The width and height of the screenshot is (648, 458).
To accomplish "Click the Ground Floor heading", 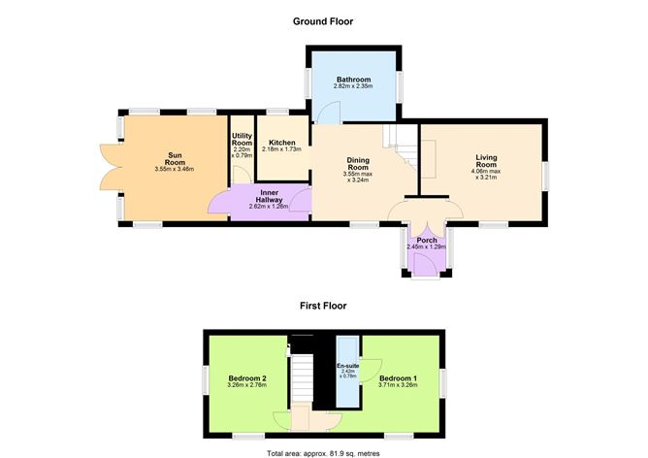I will coord(323,20).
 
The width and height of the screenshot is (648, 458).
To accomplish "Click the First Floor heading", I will coord(323,305).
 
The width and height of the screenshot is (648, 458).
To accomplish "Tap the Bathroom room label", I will coord(352,80).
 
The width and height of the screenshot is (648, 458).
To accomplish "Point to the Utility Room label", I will coord(241,139).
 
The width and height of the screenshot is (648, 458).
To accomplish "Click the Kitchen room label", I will coord(282,142).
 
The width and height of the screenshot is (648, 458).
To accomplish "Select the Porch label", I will coord(426,240).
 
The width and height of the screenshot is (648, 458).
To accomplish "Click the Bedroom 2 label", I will coord(247,377).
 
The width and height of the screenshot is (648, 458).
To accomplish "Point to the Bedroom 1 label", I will coord(399,377).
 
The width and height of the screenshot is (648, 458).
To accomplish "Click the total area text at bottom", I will coord(323,452).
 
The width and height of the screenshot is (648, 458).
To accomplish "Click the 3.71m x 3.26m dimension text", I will coord(399,385).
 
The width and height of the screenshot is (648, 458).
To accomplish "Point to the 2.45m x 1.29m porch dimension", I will coord(426,247).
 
